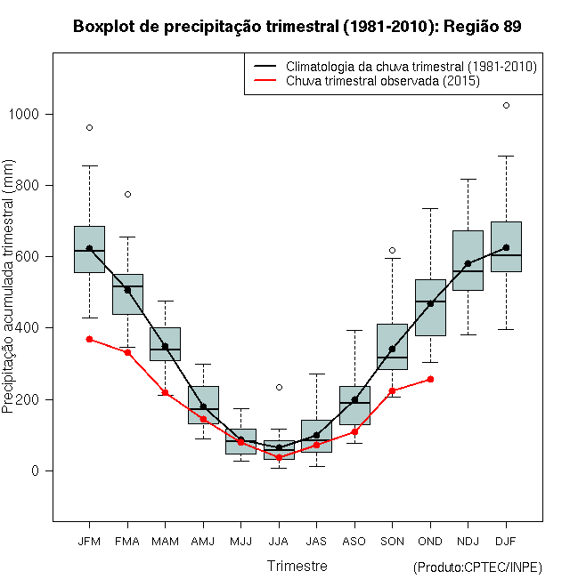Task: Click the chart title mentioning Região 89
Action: (x=297, y=27)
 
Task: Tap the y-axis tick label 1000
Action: (x=27, y=115)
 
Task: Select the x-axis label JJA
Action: (x=279, y=540)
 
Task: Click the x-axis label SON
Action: (x=392, y=540)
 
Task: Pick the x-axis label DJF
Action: (x=506, y=540)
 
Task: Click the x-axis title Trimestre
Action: (x=297, y=566)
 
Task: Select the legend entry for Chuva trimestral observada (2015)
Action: (x=383, y=81)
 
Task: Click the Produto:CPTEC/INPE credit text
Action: (x=478, y=567)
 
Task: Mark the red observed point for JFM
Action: (x=89, y=339)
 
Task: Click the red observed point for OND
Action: (x=430, y=379)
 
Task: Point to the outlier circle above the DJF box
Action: (x=506, y=105)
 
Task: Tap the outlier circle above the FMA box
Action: (x=127, y=194)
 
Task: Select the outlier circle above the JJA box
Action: (x=279, y=387)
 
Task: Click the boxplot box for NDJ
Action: (x=468, y=260)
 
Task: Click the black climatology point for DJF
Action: (x=506, y=248)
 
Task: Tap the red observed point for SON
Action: (x=392, y=390)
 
